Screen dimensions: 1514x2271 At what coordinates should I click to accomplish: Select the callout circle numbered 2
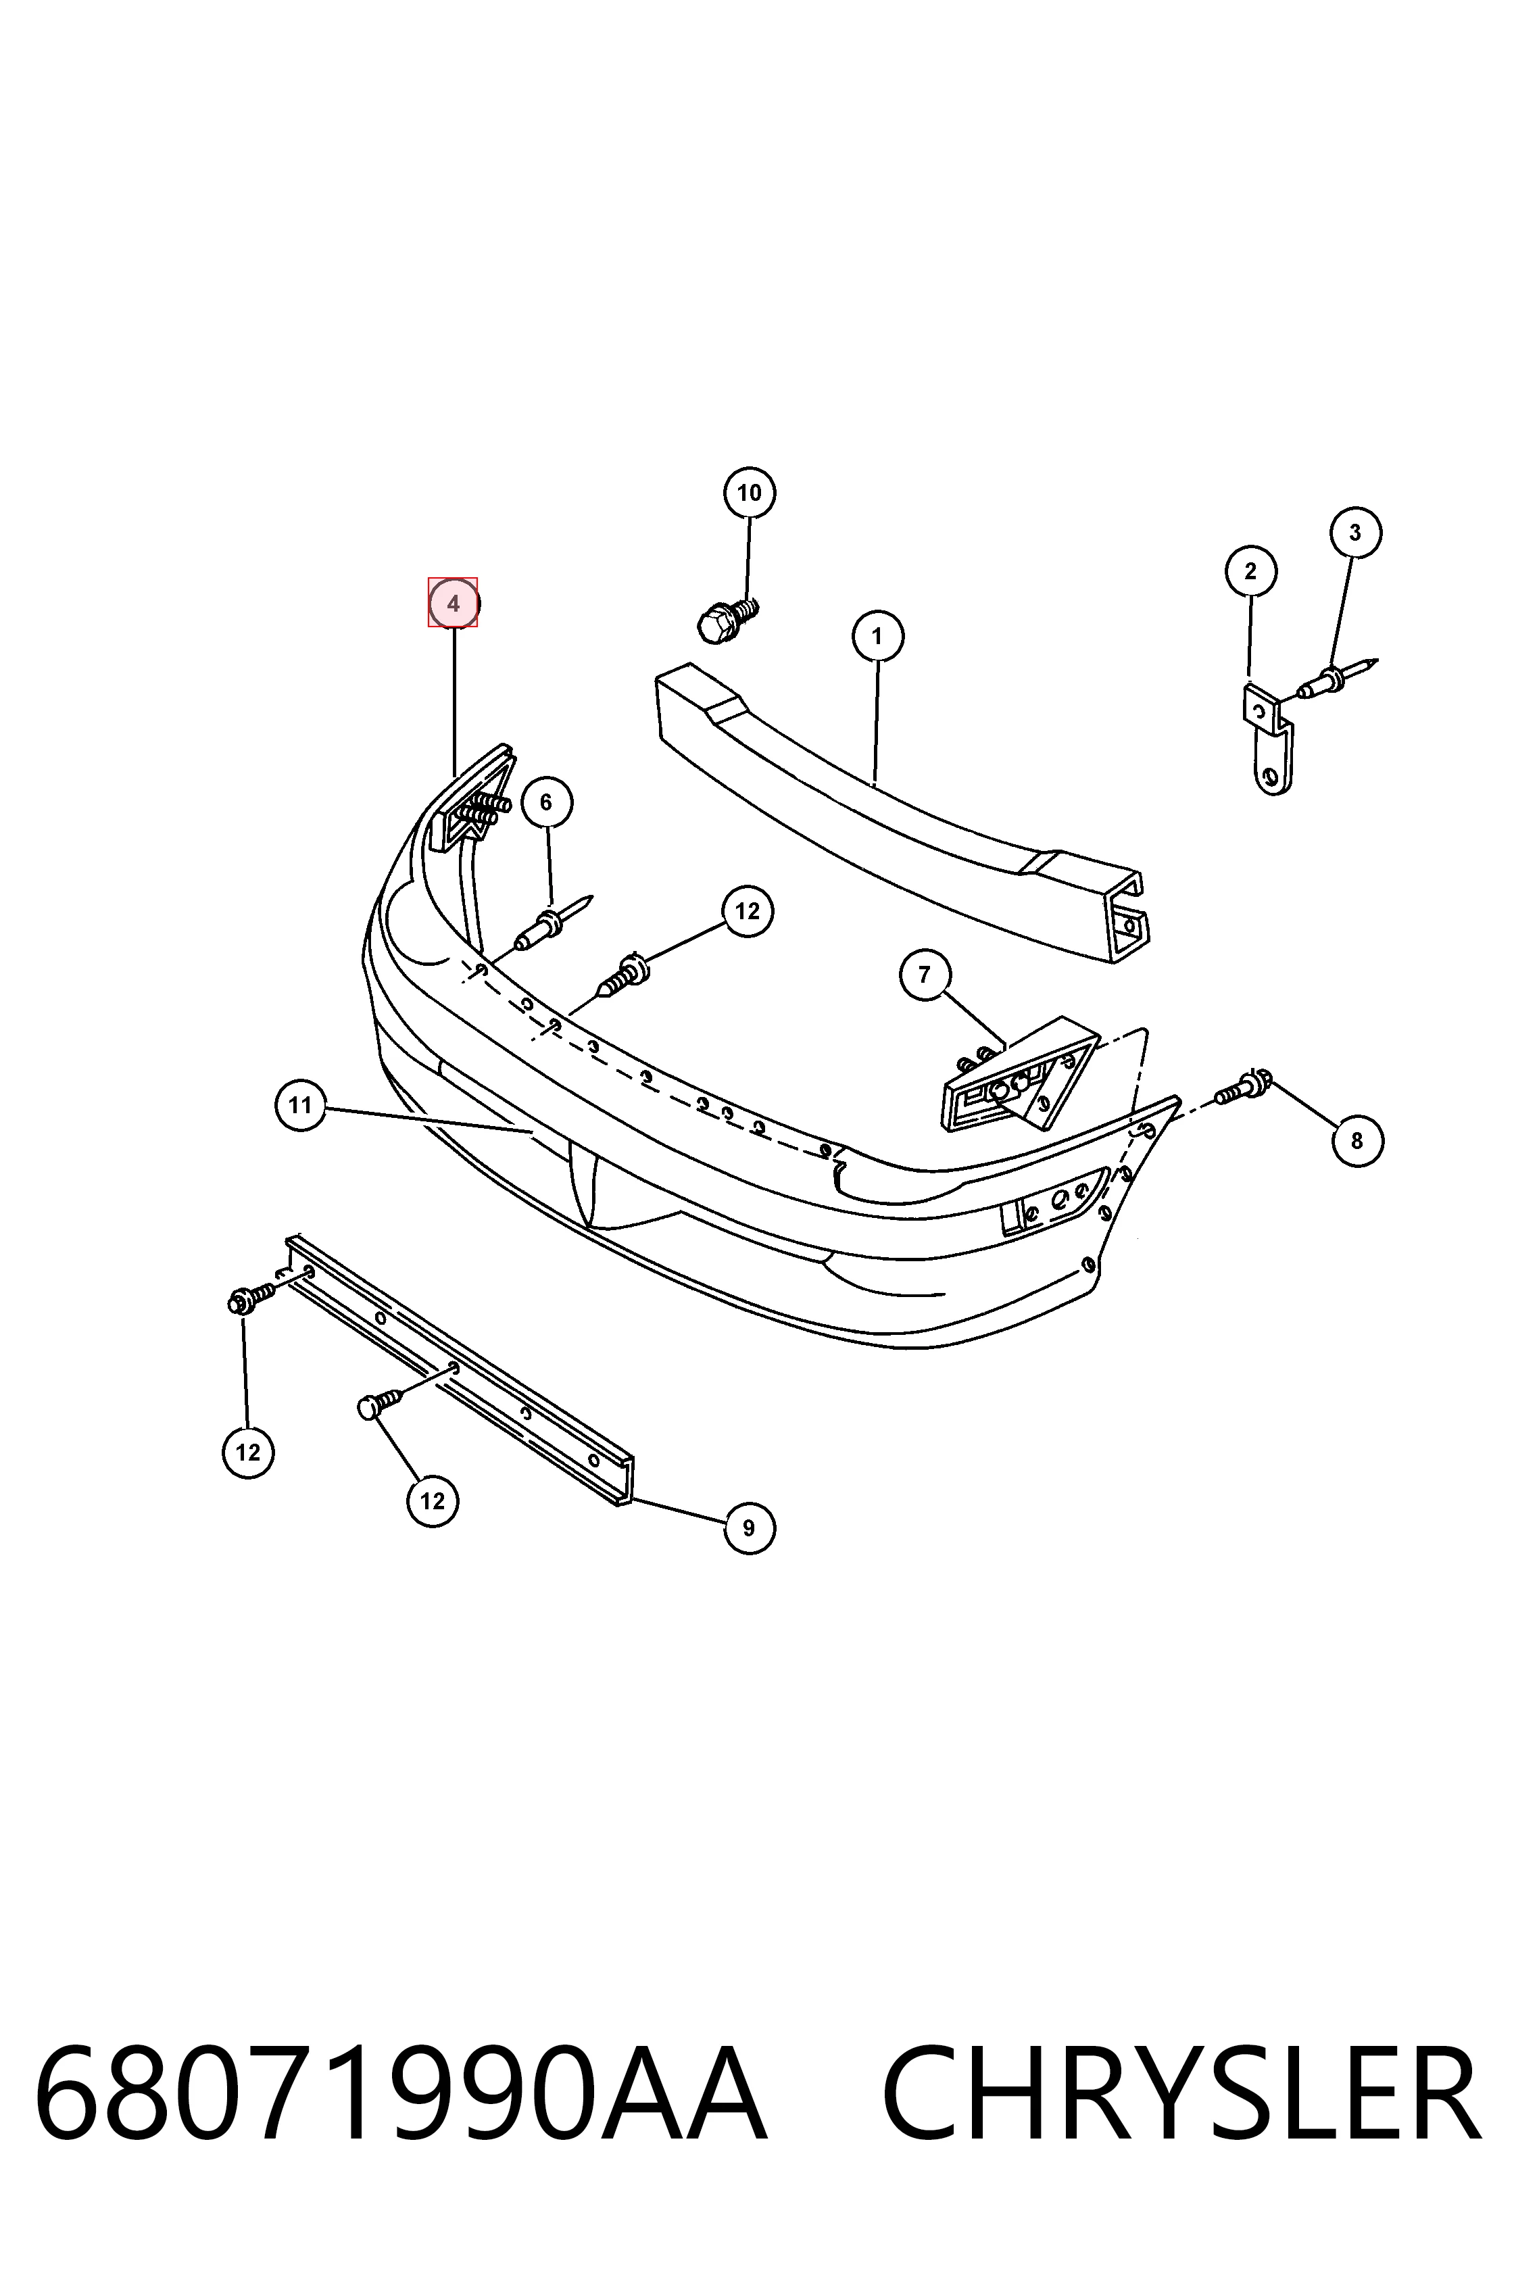tap(1250, 570)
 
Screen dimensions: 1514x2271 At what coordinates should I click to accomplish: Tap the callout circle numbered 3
tap(1354, 532)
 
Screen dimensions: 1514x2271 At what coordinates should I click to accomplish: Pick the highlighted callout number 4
tap(453, 602)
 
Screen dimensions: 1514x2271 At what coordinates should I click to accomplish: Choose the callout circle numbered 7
tap(924, 974)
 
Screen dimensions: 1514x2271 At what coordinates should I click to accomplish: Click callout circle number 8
tap(1357, 1140)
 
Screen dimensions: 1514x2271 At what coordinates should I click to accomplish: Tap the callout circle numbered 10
tap(750, 493)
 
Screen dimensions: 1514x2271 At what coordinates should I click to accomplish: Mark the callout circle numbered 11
tap(300, 1104)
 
